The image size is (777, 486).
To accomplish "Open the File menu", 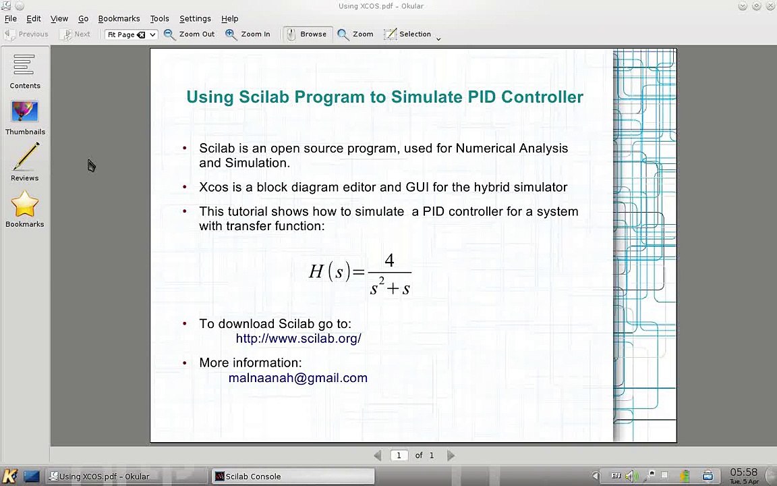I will (x=11, y=18).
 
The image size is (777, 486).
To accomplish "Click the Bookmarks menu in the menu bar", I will (x=119, y=18).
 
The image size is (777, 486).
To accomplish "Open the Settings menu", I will (x=195, y=18).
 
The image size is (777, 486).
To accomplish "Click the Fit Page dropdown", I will (x=131, y=34).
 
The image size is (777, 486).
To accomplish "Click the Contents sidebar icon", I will (x=24, y=72).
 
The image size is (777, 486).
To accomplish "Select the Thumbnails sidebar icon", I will (x=25, y=117).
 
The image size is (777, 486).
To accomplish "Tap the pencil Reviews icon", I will (x=25, y=163).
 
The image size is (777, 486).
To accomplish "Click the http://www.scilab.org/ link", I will (x=298, y=338).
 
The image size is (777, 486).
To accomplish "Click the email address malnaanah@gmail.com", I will (x=297, y=378).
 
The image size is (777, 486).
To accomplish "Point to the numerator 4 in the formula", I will (x=389, y=261).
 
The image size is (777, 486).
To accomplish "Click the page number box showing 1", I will (x=399, y=456).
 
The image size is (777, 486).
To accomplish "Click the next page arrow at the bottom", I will (x=451, y=456).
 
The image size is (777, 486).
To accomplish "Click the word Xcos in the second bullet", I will (x=213, y=187).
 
